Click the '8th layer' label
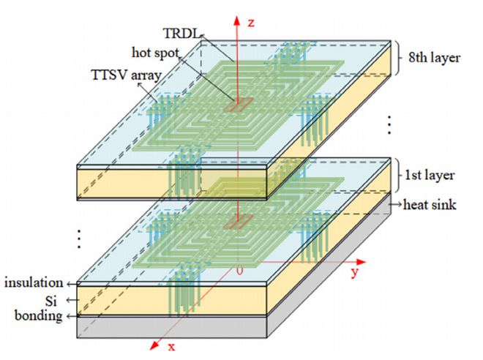coord(433,57)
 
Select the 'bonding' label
coord(37,316)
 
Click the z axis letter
coord(251,22)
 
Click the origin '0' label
coord(239,270)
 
